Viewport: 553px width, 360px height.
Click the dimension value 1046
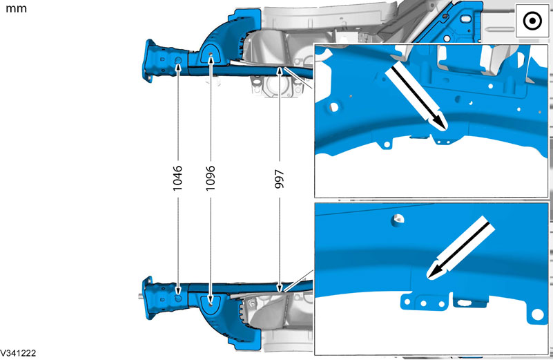click(177, 178)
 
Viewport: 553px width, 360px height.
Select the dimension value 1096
click(211, 178)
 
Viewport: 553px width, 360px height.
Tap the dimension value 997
click(280, 179)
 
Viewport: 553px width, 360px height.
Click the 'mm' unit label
click(16, 8)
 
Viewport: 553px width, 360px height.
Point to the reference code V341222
click(18, 353)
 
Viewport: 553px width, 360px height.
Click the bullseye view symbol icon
click(532, 21)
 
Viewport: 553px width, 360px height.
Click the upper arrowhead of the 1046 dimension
click(177, 66)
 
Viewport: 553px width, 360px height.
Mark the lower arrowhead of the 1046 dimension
click(177, 290)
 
